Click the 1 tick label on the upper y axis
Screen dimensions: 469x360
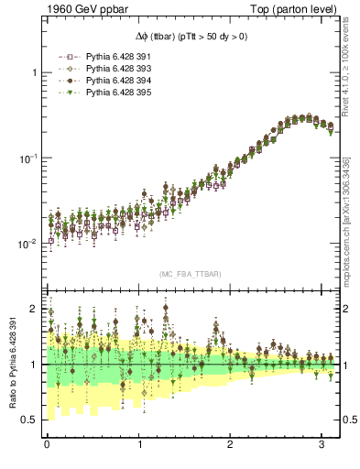pos(35,72)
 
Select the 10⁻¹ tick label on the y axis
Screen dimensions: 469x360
pos(29,158)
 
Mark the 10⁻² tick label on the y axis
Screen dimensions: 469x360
pos(29,244)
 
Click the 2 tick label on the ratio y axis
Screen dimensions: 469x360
pos(35,309)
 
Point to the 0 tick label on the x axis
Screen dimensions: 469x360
pos(47,445)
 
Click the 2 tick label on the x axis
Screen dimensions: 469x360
pos(229,445)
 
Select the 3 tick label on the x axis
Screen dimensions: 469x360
pos(321,445)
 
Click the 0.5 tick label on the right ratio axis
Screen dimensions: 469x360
pos(348,420)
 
